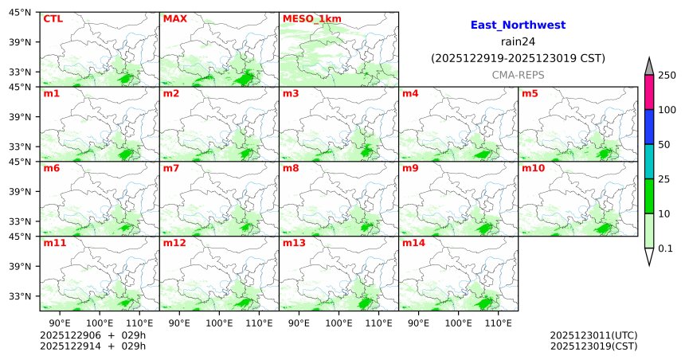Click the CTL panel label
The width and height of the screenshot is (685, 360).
tap(53, 18)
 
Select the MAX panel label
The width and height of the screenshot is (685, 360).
tap(174, 18)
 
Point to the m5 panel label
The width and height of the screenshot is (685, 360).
tap(530, 94)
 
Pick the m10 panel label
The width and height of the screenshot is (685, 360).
tap(533, 169)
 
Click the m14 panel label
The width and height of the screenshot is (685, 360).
tap(413, 243)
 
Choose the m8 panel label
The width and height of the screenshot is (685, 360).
tap(291, 169)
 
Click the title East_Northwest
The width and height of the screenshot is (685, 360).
tap(518, 25)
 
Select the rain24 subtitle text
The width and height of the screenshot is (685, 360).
tap(518, 41)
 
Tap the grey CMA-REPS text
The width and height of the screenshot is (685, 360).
tap(518, 74)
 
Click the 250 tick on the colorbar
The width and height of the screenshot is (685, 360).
tap(667, 75)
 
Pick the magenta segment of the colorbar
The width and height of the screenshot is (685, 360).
tap(649, 92)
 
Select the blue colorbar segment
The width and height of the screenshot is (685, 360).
tap(649, 127)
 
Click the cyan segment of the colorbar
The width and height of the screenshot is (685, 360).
tap(649, 162)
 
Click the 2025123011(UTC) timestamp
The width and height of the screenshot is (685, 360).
tap(593, 335)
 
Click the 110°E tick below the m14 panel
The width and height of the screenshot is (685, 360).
tap(498, 323)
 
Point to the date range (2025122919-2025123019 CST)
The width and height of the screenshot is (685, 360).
tap(518, 58)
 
